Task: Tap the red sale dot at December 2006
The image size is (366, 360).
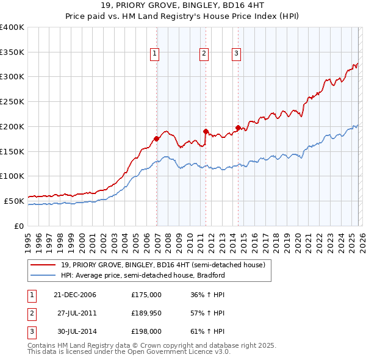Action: pos(157,139)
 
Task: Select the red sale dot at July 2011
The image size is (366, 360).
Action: pos(206,131)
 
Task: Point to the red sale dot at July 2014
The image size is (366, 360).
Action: pos(238,127)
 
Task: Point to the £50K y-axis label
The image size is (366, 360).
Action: pos(13,201)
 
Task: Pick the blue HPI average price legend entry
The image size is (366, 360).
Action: pos(143,275)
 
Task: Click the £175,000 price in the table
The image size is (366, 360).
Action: pos(146,295)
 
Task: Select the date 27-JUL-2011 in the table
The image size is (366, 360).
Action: pos(77,313)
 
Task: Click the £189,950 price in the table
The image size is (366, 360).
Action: pos(146,313)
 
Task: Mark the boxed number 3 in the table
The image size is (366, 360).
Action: pos(31,331)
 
